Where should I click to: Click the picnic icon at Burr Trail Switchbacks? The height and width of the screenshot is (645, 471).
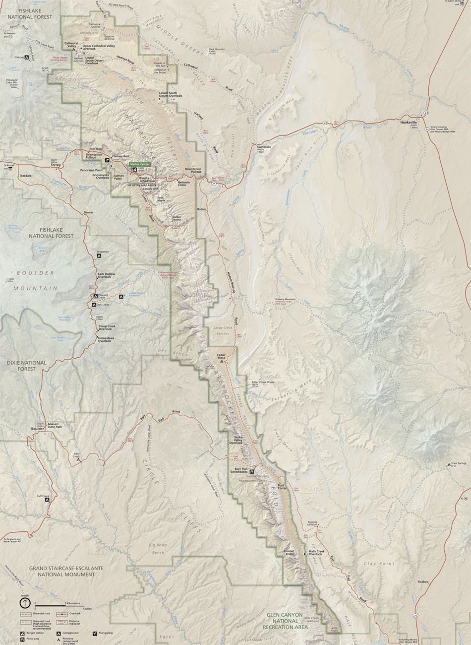click(252, 471)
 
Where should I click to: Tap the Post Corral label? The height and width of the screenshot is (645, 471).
click(283, 487)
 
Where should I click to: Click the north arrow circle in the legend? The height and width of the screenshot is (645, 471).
click(24, 603)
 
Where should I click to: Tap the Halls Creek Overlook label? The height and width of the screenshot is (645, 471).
click(319, 553)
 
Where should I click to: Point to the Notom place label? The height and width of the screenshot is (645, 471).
click(201, 209)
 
